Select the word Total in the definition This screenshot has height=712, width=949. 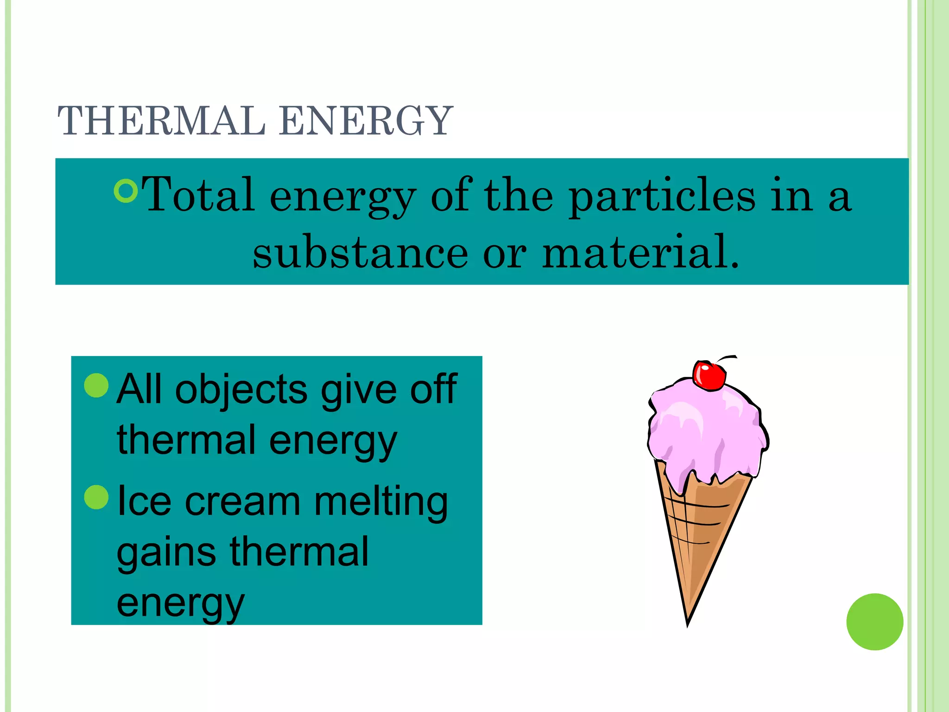(198, 195)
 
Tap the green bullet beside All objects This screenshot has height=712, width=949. (96, 385)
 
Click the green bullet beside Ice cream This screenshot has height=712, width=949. (96, 497)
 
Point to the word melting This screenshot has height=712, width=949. (381, 502)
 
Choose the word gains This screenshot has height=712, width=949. (166, 553)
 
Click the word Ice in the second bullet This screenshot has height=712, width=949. (144, 502)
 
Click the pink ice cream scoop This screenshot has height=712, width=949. (704, 431)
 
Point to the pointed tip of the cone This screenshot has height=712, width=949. (688, 624)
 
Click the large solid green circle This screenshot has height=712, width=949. (874, 622)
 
